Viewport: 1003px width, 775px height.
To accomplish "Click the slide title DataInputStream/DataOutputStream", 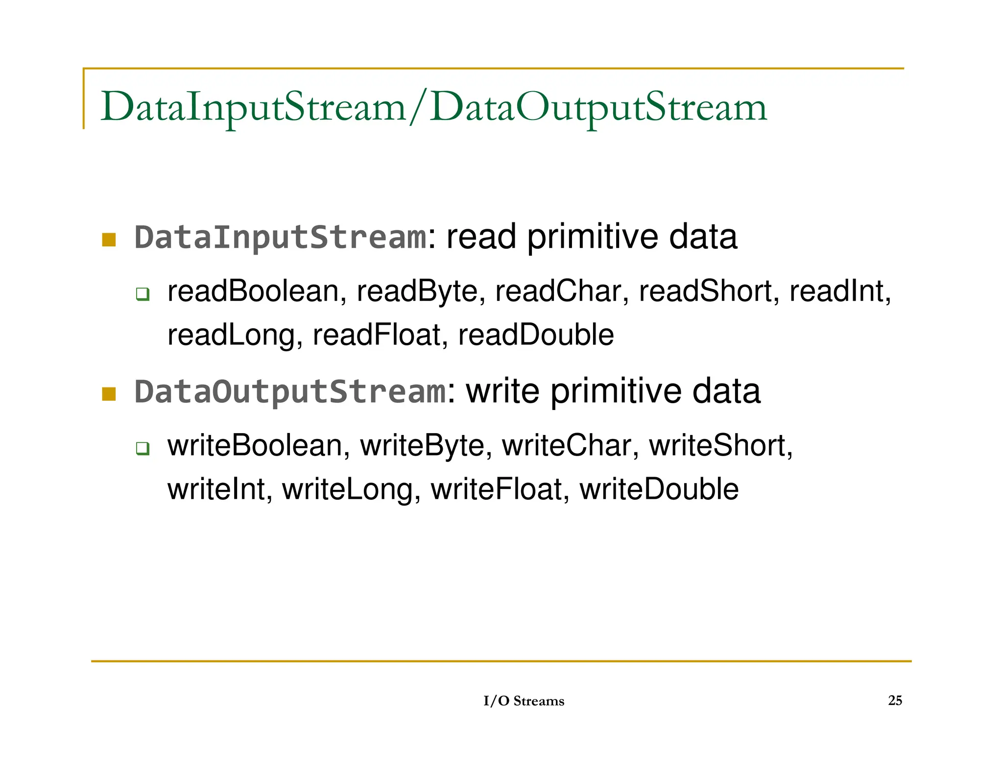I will (433, 107).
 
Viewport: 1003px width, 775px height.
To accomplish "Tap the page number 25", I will (895, 700).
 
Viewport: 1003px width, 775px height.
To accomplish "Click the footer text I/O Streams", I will (524, 701).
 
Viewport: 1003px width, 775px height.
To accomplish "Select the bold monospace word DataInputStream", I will (280, 238).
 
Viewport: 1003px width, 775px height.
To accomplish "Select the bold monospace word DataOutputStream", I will (290, 392).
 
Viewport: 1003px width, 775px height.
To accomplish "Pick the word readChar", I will (558, 291).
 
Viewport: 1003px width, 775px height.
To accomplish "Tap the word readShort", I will (705, 291).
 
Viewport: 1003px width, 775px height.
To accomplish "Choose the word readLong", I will (231, 335).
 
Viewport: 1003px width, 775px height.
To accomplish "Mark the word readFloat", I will (376, 335).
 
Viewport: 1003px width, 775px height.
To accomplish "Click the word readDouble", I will (536, 335).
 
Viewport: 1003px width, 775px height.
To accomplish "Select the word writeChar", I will (567, 446).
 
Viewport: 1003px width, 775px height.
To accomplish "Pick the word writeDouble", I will (659, 489).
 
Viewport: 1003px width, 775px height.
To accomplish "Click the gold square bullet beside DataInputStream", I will (109, 240).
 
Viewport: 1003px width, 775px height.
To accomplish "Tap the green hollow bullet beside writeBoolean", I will (143, 448).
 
